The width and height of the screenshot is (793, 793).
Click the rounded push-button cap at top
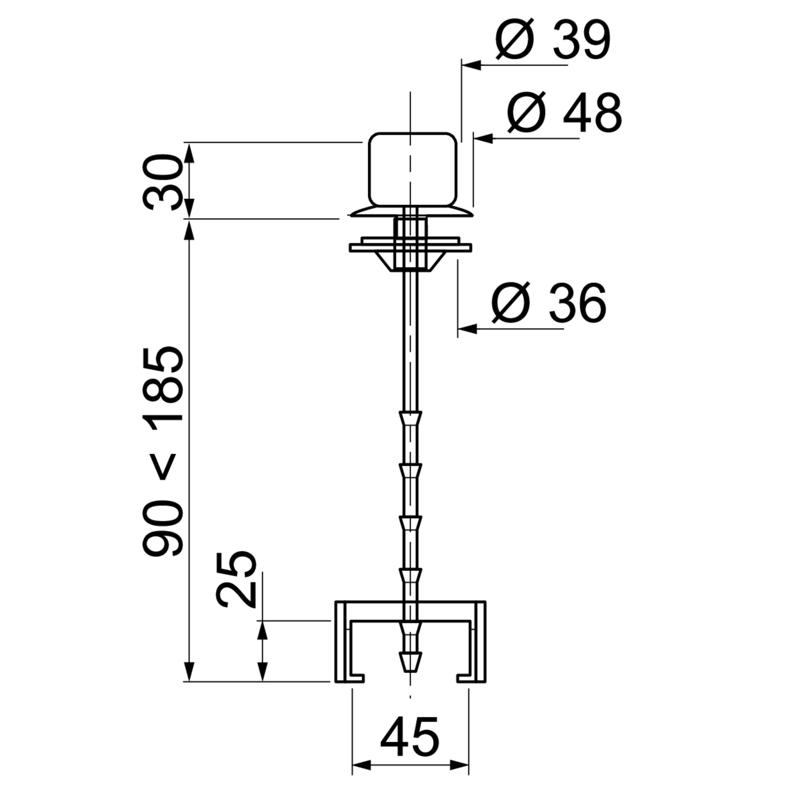[x=413, y=169]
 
